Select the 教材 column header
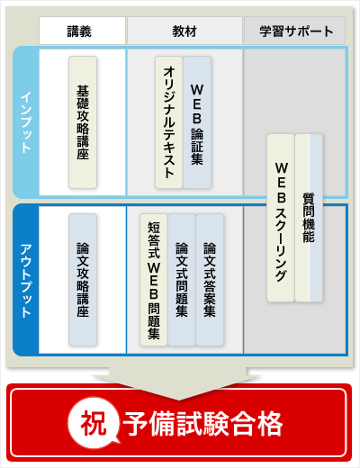[x=184, y=31]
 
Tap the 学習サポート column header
[x=295, y=31]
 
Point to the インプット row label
[x=26, y=122]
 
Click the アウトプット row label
[x=26, y=281]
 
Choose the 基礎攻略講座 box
[x=83, y=122]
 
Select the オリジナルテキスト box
[x=169, y=122]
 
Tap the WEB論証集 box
[x=197, y=122]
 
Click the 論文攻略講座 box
[x=83, y=280]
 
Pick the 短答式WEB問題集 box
[x=154, y=280]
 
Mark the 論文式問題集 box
[x=182, y=280]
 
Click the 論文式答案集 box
[x=210, y=280]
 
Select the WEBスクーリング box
[x=281, y=218]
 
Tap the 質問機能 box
[x=309, y=218]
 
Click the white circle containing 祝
[x=94, y=423]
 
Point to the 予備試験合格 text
[x=202, y=424]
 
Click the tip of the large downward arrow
[x=179, y=400]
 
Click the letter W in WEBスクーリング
[x=282, y=168]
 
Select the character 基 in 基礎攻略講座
[x=83, y=91]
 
